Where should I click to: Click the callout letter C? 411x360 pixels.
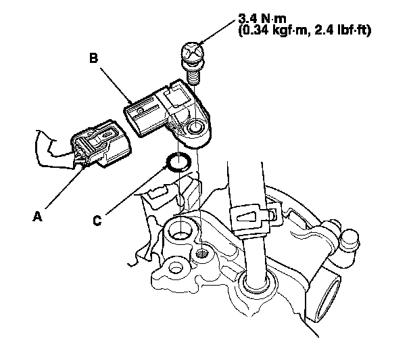click(99, 220)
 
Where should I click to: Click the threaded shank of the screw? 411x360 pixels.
click(193, 76)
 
